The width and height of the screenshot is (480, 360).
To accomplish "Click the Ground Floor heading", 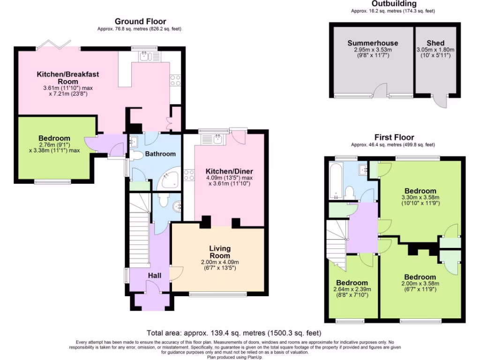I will (x=140, y=22).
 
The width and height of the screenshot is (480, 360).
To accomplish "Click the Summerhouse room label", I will (x=373, y=43).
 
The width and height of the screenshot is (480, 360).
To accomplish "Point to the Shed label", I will (x=435, y=43).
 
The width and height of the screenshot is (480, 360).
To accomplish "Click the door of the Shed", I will (x=440, y=101).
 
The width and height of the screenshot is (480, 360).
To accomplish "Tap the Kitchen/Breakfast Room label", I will (x=68, y=78).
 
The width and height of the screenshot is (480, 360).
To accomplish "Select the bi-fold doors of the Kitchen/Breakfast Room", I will (x=52, y=45).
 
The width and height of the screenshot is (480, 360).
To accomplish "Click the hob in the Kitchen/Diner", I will (x=189, y=176).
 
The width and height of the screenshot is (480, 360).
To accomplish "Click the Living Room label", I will (x=220, y=252).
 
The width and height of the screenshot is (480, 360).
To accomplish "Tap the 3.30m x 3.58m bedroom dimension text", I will (x=420, y=197).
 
